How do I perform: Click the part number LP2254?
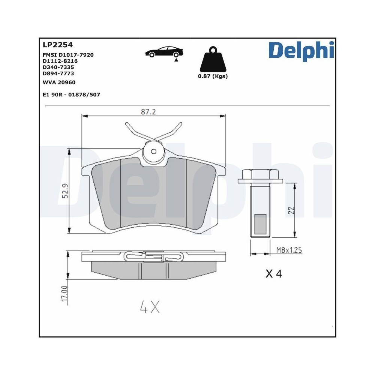coord(57,45)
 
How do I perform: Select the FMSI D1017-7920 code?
coord(68,55)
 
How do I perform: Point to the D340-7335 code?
coord(59,67)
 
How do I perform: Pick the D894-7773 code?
coord(59,73)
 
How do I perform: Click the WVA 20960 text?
coord(59,82)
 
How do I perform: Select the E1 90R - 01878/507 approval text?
coord(72,95)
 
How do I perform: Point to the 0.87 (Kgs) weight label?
coord(213,76)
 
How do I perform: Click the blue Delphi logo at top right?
coord(301,50)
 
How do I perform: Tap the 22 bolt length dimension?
coord(291,210)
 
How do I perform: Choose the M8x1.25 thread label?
coord(289,250)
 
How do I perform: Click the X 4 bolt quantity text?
coord(273,274)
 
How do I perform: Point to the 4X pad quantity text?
coord(150,307)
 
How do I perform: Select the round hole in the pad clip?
coord(153,151)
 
